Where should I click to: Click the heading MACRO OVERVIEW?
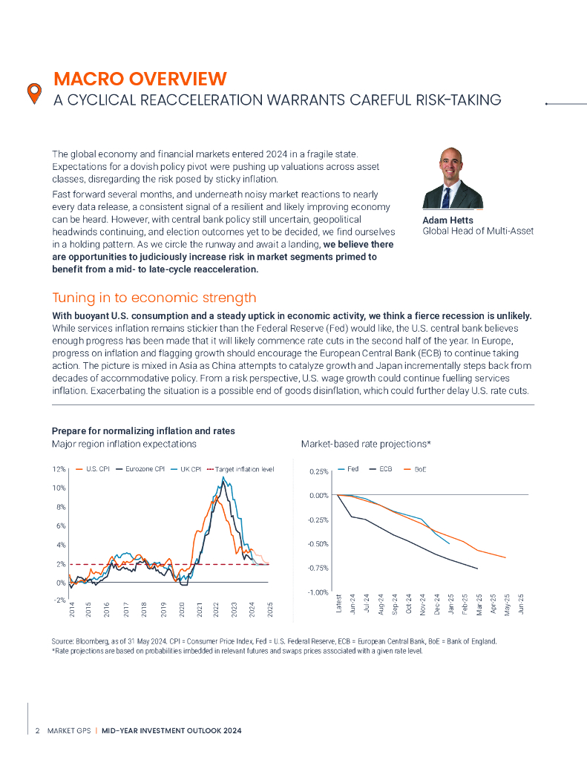coord(140,79)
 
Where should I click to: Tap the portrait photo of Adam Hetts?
coord(452,177)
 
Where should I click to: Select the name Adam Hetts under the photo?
coord(447,220)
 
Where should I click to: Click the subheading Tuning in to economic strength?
coord(154,298)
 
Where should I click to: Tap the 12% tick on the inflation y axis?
coord(59,470)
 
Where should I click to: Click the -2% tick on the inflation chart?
coord(59,600)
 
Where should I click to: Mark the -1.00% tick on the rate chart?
coord(318,592)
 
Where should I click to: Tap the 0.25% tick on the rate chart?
coord(318,471)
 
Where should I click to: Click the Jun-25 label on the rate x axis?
coord(522,603)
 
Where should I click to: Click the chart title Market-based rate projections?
coord(366,444)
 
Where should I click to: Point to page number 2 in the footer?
coord(37,731)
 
